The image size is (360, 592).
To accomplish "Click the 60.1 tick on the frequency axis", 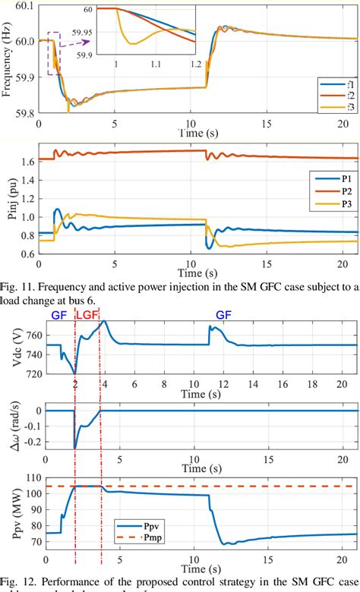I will tap(24, 6).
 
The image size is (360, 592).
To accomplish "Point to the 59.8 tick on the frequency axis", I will tap(24, 113).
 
